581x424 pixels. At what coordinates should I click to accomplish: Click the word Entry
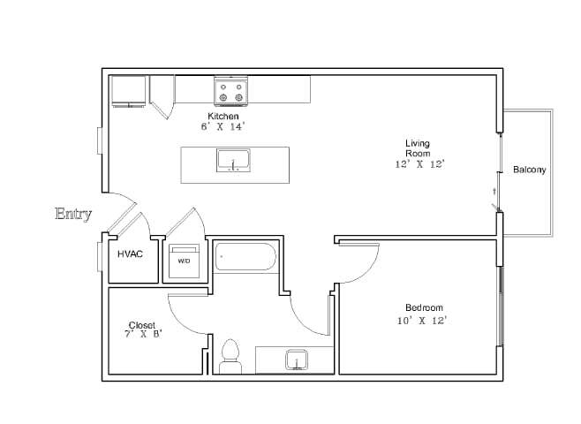(73, 213)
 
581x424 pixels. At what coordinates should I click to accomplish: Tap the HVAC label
(131, 254)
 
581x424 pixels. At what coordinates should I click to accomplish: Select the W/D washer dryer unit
(185, 261)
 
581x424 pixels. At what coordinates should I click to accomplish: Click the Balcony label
(529, 170)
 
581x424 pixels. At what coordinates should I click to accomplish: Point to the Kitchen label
(223, 117)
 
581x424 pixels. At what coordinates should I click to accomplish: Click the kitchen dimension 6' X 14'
(222, 127)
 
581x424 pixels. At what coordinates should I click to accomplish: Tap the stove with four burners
(230, 90)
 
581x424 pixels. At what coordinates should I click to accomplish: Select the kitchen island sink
(233, 162)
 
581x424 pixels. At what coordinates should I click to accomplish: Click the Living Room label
(417, 148)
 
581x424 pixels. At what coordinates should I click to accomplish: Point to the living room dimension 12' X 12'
(419, 164)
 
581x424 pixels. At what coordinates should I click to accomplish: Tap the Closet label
(142, 324)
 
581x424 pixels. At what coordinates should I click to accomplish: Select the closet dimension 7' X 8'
(144, 334)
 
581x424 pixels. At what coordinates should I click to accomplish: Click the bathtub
(246, 258)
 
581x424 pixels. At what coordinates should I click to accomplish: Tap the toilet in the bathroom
(231, 354)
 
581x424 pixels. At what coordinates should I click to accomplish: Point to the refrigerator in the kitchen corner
(130, 90)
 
